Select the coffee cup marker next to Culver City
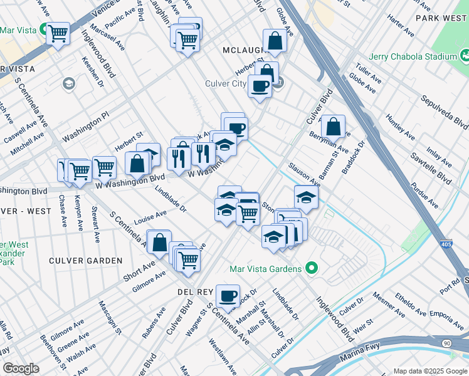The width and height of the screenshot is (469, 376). tap(259, 86)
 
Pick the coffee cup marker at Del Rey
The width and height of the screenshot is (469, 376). tap(228, 295)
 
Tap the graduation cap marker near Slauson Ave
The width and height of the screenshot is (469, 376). tap(305, 197)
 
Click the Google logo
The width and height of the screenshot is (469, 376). tap(20, 368)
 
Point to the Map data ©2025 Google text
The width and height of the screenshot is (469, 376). tap(430, 370)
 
